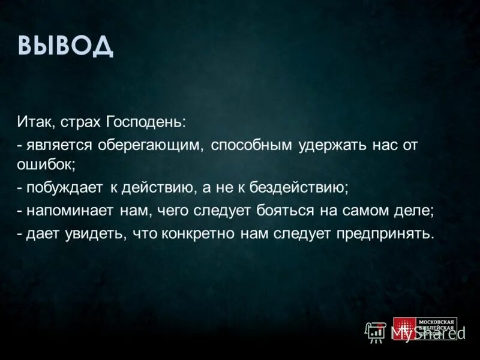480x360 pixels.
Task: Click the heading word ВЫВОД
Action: coord(65,46)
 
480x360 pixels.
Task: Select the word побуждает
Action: coord(63,188)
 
